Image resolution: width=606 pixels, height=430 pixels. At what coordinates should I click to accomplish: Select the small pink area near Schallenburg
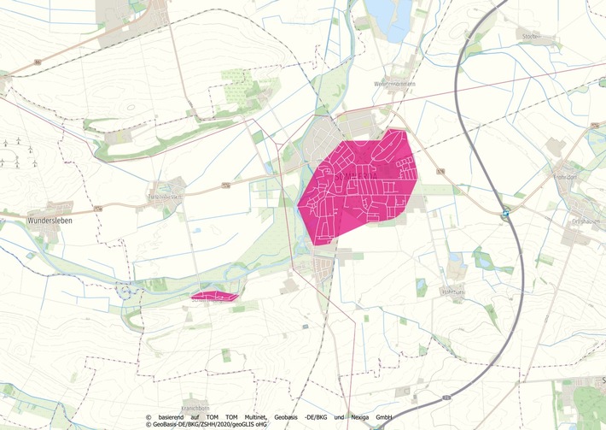coord(213,297)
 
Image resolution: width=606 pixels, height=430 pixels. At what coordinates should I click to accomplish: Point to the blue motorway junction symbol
coord(505,214)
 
